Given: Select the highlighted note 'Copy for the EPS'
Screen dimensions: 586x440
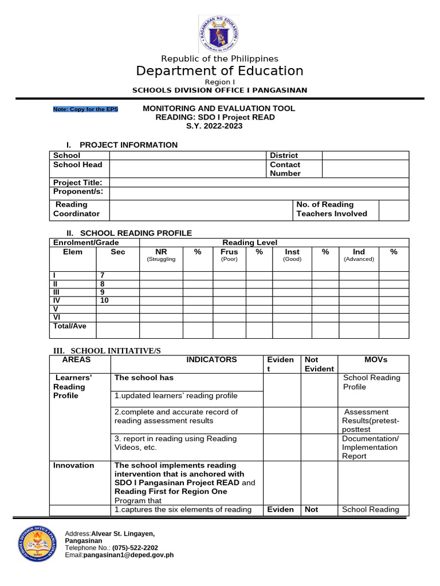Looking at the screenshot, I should tap(85, 109).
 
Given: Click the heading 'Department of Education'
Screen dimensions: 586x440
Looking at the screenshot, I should tap(219, 71).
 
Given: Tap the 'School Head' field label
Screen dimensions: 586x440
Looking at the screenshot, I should tap(77, 165).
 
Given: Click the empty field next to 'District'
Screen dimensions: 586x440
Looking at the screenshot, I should tap(365, 155).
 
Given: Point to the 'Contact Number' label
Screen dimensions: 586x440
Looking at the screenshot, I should tap(285, 169).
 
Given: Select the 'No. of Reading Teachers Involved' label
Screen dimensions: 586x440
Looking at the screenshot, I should tap(331, 209).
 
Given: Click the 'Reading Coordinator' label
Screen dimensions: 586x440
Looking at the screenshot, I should tap(76, 209).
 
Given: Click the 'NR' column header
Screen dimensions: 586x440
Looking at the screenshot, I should tap(161, 252).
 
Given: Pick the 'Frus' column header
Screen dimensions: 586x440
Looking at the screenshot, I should tap(229, 252).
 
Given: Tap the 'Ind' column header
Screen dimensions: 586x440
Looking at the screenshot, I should tap(359, 252).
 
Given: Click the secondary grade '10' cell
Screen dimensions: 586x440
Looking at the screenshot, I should tap(104, 300).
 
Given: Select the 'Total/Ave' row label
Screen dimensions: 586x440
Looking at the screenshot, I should tap(69, 326).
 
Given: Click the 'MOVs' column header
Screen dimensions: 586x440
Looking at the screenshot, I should tap(376, 360).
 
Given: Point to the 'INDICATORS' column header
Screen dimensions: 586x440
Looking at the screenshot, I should tap(211, 360).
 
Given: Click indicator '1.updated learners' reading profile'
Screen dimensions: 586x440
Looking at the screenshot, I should tap(176, 396).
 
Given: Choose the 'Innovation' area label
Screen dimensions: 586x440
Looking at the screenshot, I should tap(73, 465).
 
